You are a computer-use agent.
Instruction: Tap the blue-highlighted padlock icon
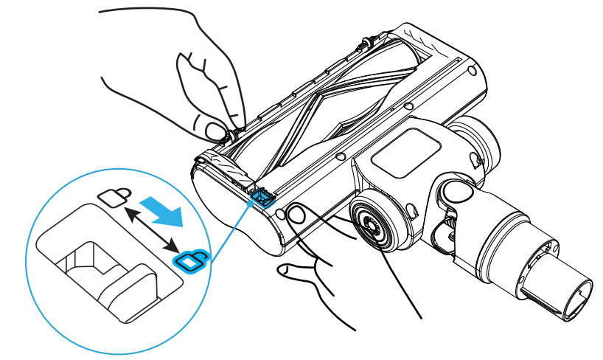(192, 260)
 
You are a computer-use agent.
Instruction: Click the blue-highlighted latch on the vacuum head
(260, 195)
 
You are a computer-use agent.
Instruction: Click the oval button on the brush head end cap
(296, 215)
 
